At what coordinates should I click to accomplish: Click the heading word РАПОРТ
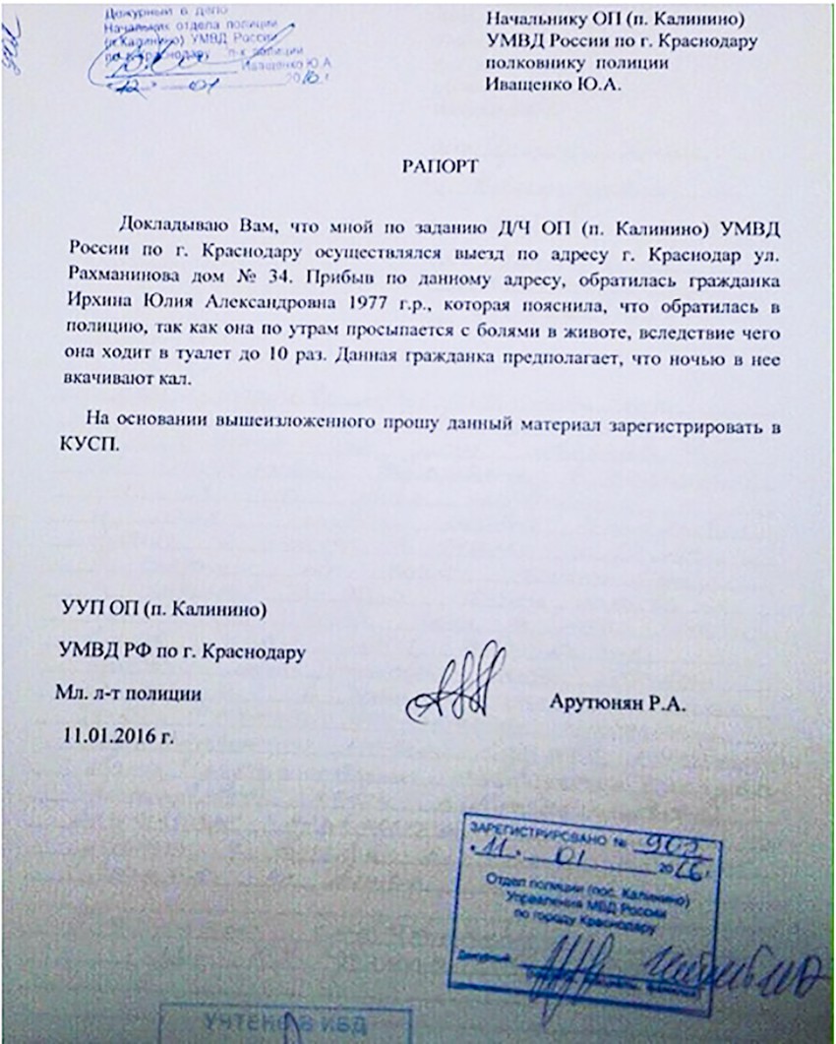pyautogui.click(x=440, y=166)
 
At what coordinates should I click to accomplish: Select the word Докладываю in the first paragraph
pyautogui.click(x=164, y=215)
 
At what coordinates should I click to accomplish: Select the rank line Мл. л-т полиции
pyautogui.click(x=129, y=693)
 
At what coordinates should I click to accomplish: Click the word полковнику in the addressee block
pyautogui.click(x=536, y=63)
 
